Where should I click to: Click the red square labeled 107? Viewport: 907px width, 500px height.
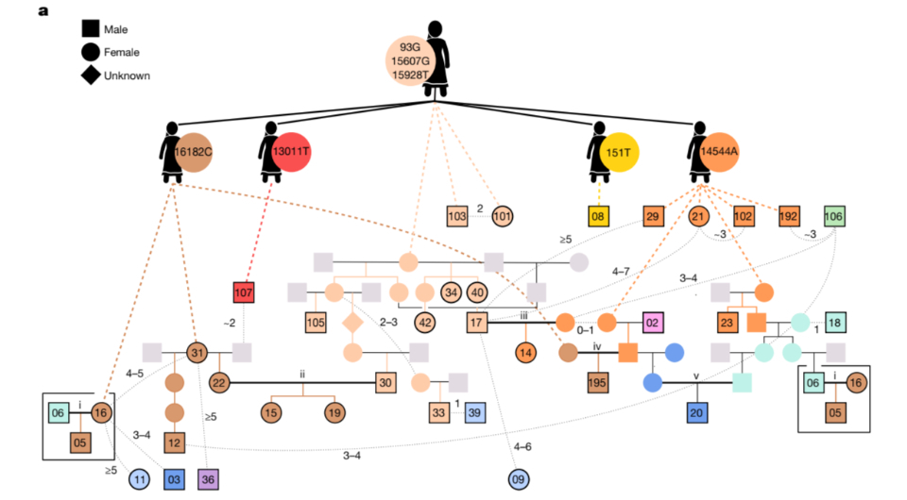pos(245,293)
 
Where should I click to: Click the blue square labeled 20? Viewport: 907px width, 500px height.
pos(697,412)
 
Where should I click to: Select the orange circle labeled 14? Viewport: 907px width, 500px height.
pos(526,353)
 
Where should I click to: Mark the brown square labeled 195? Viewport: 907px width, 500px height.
pos(597,383)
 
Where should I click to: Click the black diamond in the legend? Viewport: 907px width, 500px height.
pos(92,75)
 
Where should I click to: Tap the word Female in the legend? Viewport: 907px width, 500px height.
pos(121,53)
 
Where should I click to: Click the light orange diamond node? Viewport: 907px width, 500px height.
pos(352,323)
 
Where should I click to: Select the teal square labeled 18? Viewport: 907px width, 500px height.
pos(836,323)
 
